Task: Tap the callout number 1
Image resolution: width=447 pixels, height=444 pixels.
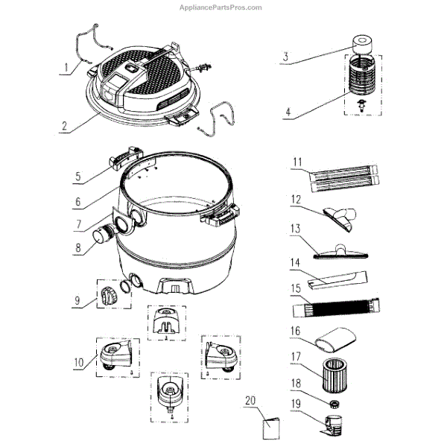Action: (x=66, y=68)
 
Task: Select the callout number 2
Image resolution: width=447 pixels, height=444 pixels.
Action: (x=66, y=127)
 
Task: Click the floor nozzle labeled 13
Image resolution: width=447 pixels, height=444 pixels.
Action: (x=345, y=251)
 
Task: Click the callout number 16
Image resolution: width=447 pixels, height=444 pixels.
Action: (x=295, y=332)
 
